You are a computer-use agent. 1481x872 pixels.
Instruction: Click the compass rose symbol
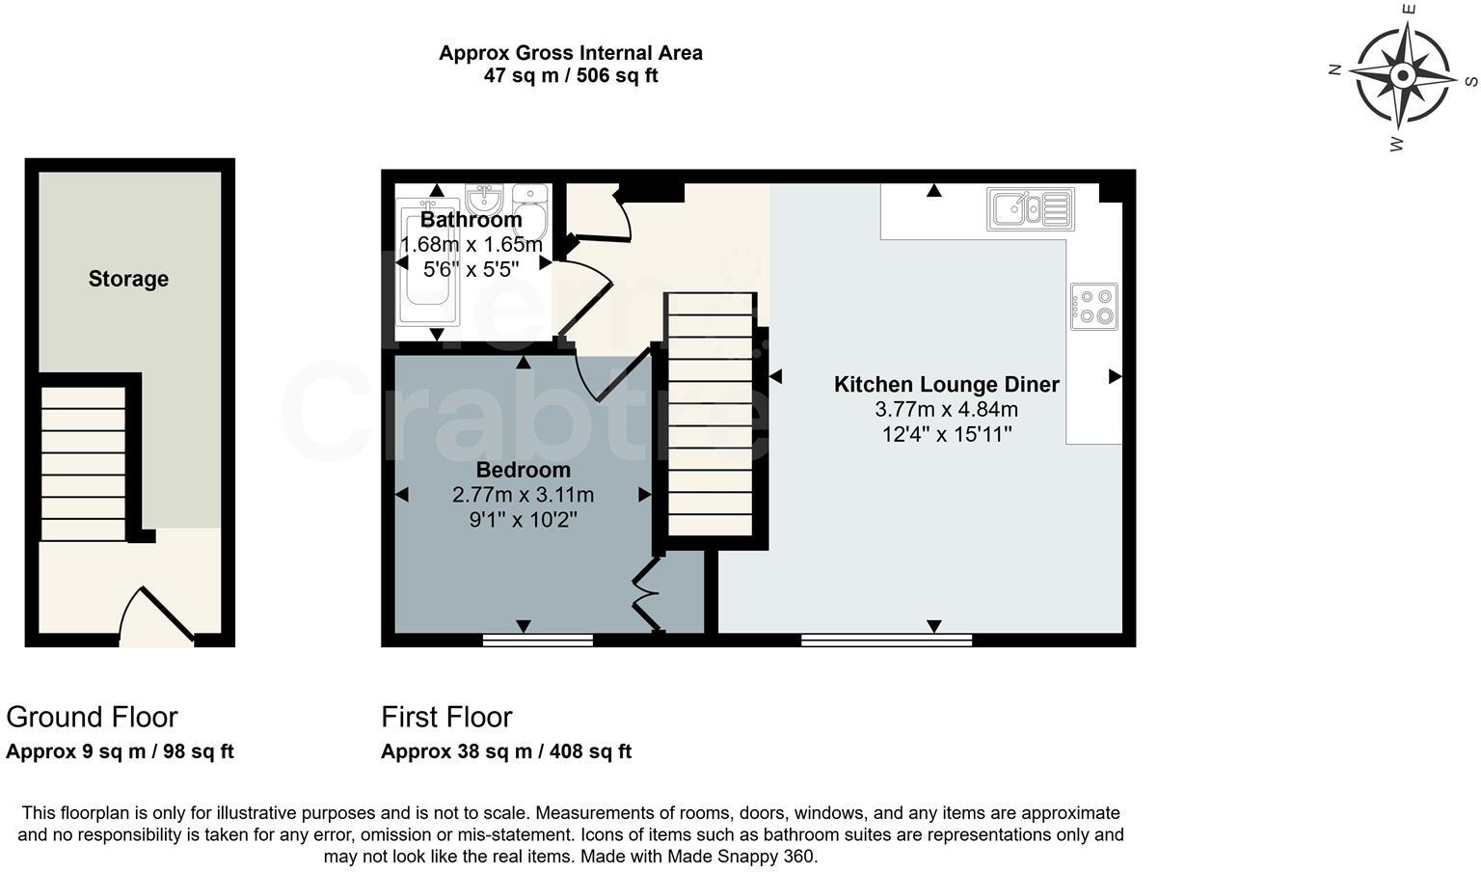(x=1403, y=75)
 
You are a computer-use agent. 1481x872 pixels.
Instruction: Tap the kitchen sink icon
(x=1030, y=208)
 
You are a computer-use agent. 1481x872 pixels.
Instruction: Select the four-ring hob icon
(x=1094, y=306)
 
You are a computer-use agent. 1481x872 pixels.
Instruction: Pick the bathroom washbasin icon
(x=483, y=199)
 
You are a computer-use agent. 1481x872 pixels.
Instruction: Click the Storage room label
(x=128, y=279)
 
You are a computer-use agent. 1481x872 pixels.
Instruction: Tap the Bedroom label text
(x=523, y=470)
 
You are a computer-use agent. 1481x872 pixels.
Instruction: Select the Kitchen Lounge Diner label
(x=946, y=384)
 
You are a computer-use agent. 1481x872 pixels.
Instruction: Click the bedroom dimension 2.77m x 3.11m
(x=523, y=495)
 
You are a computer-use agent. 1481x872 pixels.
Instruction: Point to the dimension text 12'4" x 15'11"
(x=946, y=434)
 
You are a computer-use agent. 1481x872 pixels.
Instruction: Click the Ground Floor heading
(x=92, y=717)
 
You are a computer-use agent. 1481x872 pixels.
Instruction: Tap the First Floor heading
(x=446, y=717)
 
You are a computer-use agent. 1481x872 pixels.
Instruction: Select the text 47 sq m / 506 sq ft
(x=570, y=76)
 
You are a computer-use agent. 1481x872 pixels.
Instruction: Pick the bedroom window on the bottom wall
(x=537, y=639)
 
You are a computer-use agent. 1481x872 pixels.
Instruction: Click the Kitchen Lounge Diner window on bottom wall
(x=886, y=639)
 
